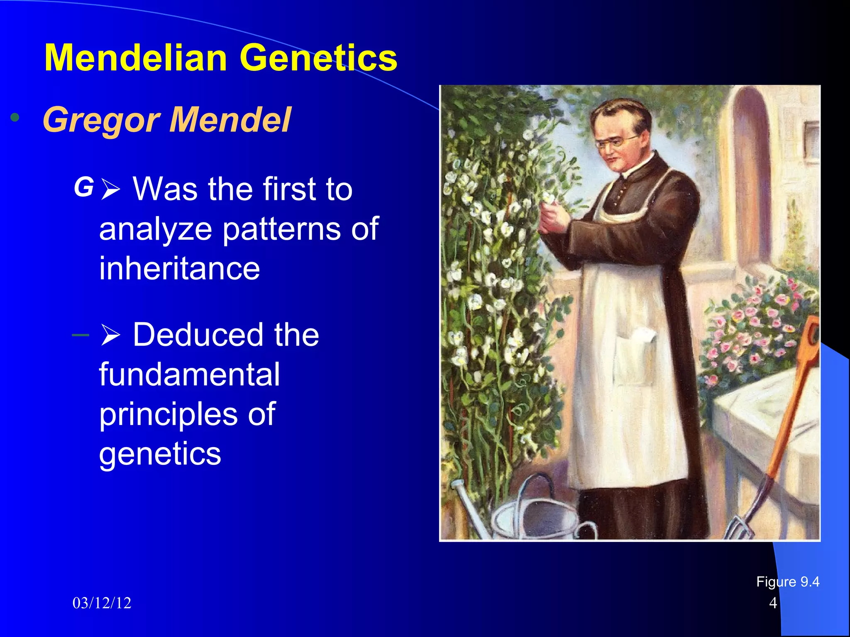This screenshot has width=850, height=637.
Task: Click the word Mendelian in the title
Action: coord(135,58)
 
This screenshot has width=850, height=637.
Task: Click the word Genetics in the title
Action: coord(318,58)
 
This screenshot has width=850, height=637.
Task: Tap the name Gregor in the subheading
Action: coord(101,120)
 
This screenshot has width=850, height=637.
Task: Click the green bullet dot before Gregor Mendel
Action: coord(15,118)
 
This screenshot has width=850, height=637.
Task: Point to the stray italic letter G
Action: coord(84,187)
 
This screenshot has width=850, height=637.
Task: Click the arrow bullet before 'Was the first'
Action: coord(110,190)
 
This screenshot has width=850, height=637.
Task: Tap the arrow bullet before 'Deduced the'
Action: coord(110,335)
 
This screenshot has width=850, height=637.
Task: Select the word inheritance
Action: coord(179,269)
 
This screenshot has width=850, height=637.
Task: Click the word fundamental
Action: coord(189,374)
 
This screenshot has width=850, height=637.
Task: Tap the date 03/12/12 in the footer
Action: coord(102,603)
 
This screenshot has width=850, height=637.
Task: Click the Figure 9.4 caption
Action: coord(787,582)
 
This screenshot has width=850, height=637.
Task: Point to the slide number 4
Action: coord(773,603)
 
